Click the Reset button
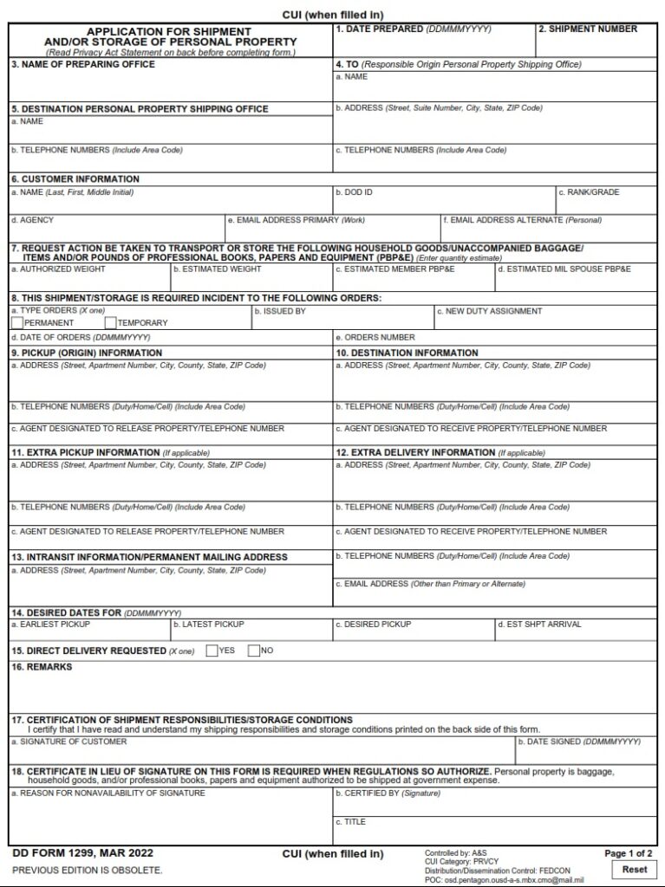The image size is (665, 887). (x=634, y=869)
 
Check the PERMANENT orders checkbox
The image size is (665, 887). (x=17, y=323)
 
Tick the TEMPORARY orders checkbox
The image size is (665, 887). (x=110, y=323)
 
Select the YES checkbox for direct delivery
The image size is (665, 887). (x=212, y=651)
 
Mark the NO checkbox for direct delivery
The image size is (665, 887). (x=254, y=651)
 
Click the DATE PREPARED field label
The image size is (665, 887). (x=413, y=29)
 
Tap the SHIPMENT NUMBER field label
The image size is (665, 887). (x=588, y=29)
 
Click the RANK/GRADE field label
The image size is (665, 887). (x=589, y=192)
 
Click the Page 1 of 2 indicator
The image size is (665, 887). (x=629, y=853)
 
